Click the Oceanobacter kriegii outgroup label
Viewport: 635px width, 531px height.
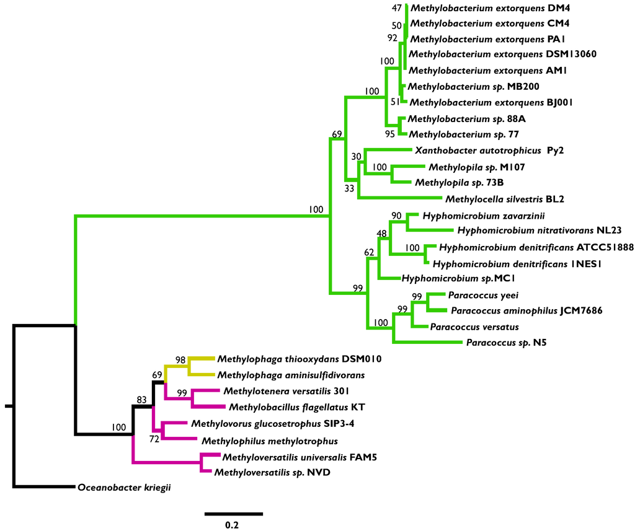click(x=124, y=488)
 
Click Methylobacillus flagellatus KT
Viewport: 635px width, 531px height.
click(x=297, y=407)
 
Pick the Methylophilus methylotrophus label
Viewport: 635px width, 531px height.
click(x=269, y=441)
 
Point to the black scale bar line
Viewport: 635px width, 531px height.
click(x=233, y=514)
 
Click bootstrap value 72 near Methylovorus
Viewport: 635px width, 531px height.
click(x=155, y=439)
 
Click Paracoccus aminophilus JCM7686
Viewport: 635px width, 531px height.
click(x=526, y=310)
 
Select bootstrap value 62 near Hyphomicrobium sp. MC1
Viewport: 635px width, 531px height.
click(x=370, y=252)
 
